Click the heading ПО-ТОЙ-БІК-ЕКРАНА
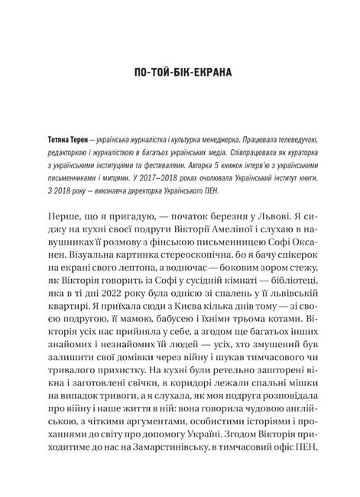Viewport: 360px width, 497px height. [x=179, y=74]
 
